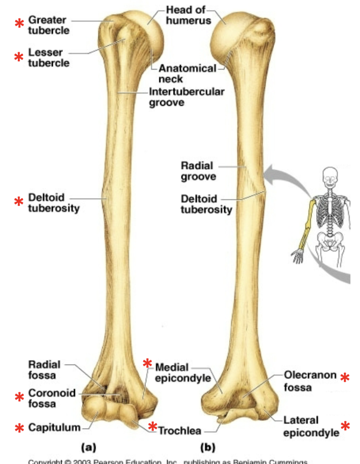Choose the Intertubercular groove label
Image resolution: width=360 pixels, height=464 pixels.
pos(186,97)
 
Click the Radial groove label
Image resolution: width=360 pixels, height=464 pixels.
pos(198,170)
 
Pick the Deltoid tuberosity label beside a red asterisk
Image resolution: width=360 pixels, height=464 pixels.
pos(53,203)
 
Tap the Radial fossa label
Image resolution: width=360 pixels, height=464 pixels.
pos(44,370)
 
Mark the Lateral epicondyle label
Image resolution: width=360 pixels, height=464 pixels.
pos(311,426)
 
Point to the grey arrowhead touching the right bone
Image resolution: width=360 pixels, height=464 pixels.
pos(272,178)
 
